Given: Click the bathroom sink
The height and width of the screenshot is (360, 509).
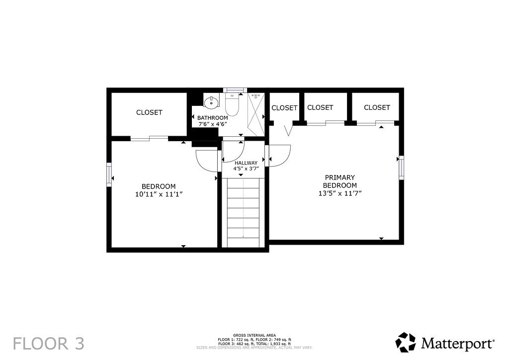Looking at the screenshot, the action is [211, 102].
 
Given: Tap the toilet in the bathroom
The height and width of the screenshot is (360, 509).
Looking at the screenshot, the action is [232, 104].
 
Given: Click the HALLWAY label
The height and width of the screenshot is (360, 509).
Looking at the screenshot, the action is [246, 163].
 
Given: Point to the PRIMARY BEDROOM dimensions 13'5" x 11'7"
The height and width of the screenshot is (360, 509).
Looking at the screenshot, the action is [340, 193].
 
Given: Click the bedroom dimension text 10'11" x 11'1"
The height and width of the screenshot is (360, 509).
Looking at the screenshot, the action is [159, 194].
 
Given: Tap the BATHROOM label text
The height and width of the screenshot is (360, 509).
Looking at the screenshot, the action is [213, 118].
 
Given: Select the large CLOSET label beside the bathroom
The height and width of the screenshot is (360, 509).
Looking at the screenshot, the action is [149, 112].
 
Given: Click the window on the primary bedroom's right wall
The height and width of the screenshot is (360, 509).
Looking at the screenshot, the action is [402, 168].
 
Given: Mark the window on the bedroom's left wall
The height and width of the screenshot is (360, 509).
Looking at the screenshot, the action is [109, 175].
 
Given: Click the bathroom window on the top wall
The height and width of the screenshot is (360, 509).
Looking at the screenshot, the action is [235, 90].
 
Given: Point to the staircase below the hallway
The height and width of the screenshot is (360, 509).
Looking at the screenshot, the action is [243, 213].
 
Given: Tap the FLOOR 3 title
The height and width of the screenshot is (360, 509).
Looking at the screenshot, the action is [49, 344].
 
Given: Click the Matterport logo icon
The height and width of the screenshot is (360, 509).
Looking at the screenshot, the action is [406, 342].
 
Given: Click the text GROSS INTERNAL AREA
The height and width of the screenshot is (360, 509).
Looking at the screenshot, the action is [254, 335].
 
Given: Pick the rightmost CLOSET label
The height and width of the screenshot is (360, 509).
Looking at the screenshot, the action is [377, 107].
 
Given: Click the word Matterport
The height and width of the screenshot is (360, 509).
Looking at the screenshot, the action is [458, 343].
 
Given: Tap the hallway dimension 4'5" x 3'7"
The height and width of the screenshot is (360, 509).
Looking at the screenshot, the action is [246, 169].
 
